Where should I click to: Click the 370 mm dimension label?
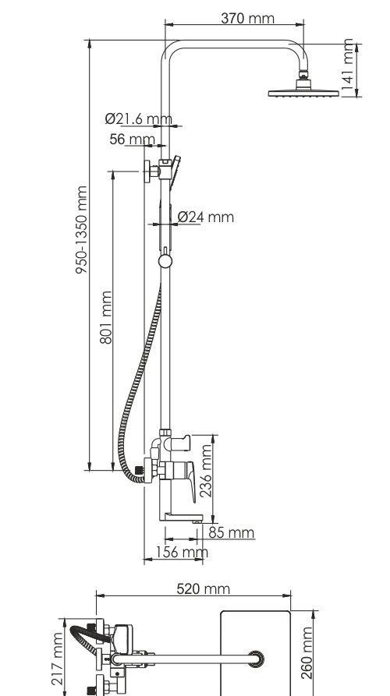pos(247,18)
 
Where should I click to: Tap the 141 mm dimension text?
pos(348,68)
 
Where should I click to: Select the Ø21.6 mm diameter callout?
pos(138,119)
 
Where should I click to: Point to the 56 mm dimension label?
pos(133,140)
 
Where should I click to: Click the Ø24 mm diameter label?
pos(206,217)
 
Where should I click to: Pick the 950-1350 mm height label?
pos(82,229)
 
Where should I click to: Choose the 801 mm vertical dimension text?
pos(106,317)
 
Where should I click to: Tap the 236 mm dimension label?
pos(206,471)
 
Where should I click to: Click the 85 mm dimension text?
pos(232,532)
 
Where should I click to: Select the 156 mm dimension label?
pos(182,552)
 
